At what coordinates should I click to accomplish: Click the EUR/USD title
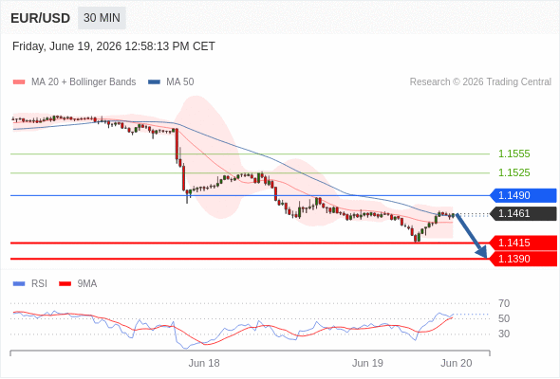tap(41, 18)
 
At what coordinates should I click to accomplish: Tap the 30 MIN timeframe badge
tap(102, 18)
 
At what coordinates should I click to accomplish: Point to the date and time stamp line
tap(114, 46)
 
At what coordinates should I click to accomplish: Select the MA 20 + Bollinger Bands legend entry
tap(74, 82)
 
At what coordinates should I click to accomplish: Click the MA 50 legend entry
tap(171, 82)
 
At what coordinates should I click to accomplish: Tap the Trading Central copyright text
tap(480, 82)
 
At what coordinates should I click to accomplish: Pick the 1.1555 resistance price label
tap(513, 154)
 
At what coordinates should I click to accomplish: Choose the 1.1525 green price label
tap(513, 173)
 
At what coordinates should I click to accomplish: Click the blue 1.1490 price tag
tap(523, 196)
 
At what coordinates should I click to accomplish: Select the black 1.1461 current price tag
tap(523, 213)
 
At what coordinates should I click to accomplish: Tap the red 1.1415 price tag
tap(523, 243)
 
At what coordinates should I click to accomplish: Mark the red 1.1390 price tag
tap(523, 259)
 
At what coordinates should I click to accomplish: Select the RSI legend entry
tap(30, 284)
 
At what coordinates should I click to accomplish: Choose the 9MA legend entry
tap(78, 284)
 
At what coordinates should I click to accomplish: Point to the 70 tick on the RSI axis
tap(504, 303)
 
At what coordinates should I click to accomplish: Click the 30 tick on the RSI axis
tap(504, 334)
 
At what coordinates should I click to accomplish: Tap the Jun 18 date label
tap(204, 363)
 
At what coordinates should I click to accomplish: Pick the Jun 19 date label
tap(367, 363)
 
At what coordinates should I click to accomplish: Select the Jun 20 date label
tap(457, 363)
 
